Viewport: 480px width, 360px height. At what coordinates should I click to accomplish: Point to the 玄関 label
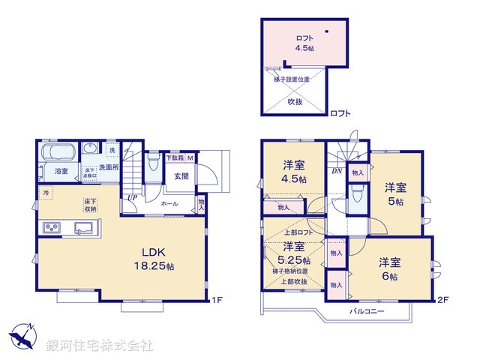tap(181, 178)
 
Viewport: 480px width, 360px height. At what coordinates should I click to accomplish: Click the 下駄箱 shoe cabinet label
tap(175, 158)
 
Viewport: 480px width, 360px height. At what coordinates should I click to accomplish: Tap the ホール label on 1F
tap(169, 203)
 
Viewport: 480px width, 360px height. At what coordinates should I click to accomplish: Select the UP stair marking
tap(132, 198)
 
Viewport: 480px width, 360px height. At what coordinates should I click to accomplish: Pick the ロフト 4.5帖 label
tap(304, 43)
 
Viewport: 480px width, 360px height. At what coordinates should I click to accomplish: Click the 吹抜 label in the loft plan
tap(295, 101)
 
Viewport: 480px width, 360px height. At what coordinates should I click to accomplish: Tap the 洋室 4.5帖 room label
tap(294, 172)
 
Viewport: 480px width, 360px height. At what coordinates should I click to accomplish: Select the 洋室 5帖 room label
tap(395, 193)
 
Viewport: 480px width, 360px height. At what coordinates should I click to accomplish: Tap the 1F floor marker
tap(217, 301)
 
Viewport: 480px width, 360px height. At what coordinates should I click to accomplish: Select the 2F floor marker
tap(443, 301)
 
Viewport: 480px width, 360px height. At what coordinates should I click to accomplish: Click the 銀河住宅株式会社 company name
tap(100, 346)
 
